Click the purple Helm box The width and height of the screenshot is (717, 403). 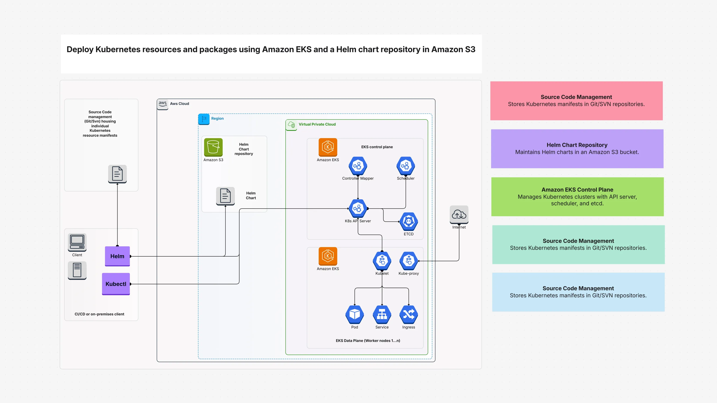point(117,256)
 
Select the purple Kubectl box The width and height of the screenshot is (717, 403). point(116,284)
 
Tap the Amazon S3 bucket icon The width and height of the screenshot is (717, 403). point(213,147)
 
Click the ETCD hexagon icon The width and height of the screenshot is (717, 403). point(408,221)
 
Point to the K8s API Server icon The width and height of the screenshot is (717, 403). point(358,208)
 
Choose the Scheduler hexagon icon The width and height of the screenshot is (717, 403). point(406,166)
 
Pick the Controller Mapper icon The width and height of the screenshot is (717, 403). point(358,166)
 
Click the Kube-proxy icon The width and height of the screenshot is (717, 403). point(408,261)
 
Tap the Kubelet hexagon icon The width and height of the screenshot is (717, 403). point(382,261)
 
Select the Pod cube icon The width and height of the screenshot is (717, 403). point(354,314)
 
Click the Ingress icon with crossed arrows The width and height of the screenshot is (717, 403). point(408,314)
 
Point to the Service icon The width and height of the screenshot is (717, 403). point(382,314)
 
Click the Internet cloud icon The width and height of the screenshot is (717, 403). point(459,214)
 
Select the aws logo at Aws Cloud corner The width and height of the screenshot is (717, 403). point(163,104)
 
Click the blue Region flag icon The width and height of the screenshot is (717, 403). point(204,119)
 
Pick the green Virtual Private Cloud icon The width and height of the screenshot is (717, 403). point(291,125)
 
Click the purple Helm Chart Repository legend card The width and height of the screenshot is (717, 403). point(577,149)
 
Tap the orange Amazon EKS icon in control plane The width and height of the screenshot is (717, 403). point(328,147)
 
